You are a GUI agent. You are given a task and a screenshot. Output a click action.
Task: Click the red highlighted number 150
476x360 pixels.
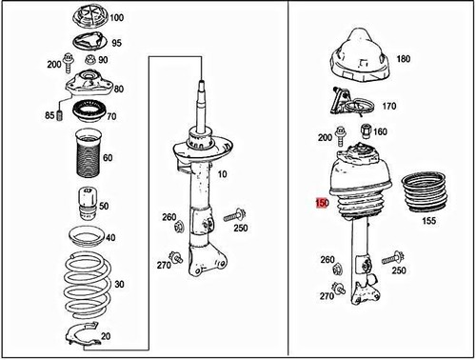(x=322, y=203)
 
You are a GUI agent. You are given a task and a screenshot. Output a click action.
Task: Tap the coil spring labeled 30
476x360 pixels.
(x=88, y=285)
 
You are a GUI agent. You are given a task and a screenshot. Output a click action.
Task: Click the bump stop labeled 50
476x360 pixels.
(x=87, y=204)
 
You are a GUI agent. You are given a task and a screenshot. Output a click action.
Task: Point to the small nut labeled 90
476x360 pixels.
(x=91, y=59)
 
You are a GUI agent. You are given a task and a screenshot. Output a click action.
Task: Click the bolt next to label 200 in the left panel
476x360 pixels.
(x=68, y=63)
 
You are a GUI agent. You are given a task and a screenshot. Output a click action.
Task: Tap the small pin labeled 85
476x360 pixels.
(x=59, y=115)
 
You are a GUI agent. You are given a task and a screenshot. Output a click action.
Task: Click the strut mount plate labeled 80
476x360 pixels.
(x=89, y=84)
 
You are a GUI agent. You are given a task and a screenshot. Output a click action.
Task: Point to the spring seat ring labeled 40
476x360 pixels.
(x=87, y=236)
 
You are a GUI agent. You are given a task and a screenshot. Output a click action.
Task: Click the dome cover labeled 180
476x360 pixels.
(x=360, y=57)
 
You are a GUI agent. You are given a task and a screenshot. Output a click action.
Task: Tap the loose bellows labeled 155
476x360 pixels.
(x=425, y=192)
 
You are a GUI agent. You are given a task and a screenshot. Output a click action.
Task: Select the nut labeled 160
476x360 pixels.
(x=366, y=130)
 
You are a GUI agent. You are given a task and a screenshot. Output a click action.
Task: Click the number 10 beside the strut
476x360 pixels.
(x=223, y=174)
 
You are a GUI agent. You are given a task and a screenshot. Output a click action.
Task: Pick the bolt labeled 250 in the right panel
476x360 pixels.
(x=392, y=257)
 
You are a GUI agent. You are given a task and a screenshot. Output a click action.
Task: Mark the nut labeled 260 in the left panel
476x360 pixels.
(x=179, y=227)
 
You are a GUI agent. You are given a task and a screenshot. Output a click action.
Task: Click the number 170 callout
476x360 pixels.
(x=389, y=106)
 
